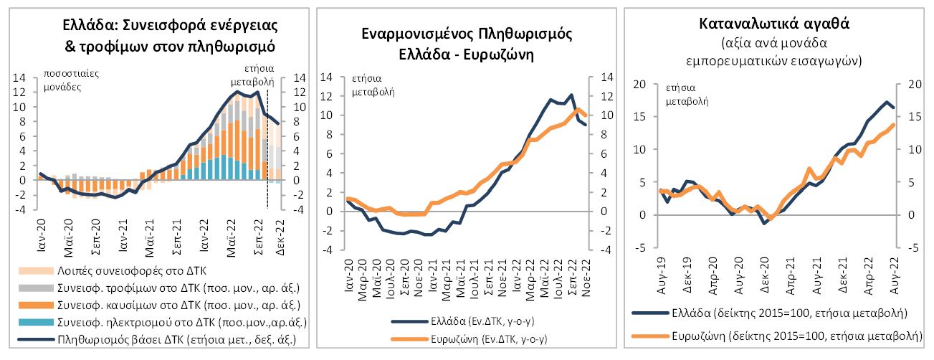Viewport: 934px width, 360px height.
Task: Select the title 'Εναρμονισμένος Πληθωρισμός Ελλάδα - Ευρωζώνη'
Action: tap(467, 44)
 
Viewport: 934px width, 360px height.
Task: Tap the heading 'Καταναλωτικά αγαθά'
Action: tap(773, 22)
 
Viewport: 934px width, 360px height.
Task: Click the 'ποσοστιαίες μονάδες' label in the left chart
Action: tap(70, 80)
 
